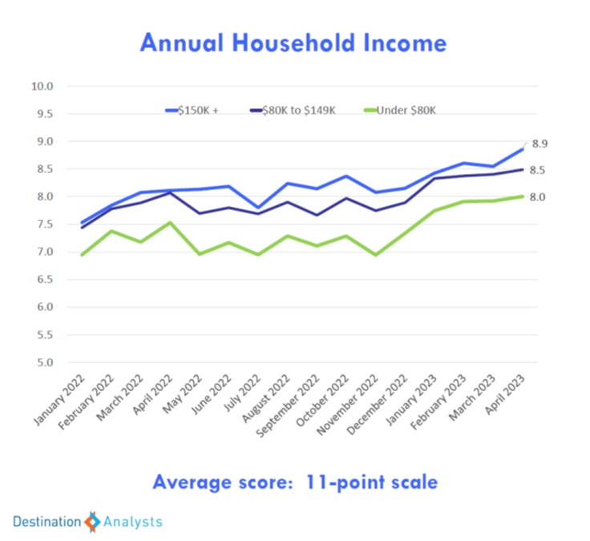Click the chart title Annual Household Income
point(293,42)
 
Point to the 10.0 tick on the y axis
point(42,86)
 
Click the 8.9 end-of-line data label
point(539,143)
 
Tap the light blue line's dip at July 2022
point(257,208)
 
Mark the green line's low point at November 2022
point(375,255)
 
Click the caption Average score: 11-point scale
point(295,482)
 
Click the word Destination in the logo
point(46,522)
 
